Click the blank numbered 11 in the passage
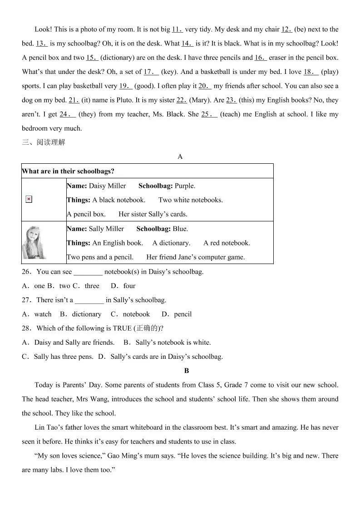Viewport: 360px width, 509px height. pyautogui.click(x=177, y=29)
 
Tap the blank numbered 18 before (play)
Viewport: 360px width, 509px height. pyautogui.click(x=311, y=72)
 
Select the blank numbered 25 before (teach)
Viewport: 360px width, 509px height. pyautogui.click(x=209, y=114)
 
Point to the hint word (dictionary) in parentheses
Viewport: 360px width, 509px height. pyautogui.click(x=119, y=58)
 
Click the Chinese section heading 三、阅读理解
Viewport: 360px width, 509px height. pyautogui.click(x=44, y=142)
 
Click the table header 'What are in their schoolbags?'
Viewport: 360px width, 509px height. pyautogui.click(x=68, y=171)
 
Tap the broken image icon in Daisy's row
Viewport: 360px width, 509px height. pyautogui.click(x=29, y=199)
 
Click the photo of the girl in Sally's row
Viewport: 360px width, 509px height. pyautogui.click(x=34, y=242)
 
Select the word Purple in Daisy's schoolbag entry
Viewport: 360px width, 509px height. pyautogui.click(x=185, y=186)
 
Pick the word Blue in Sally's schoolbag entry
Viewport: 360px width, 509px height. pyautogui.click(x=180, y=229)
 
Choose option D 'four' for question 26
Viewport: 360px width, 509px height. pyautogui.click(x=129, y=286)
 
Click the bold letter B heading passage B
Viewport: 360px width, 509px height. pyautogui.click(x=187, y=371)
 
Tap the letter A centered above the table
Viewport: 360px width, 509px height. pyautogui.click(x=180, y=157)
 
